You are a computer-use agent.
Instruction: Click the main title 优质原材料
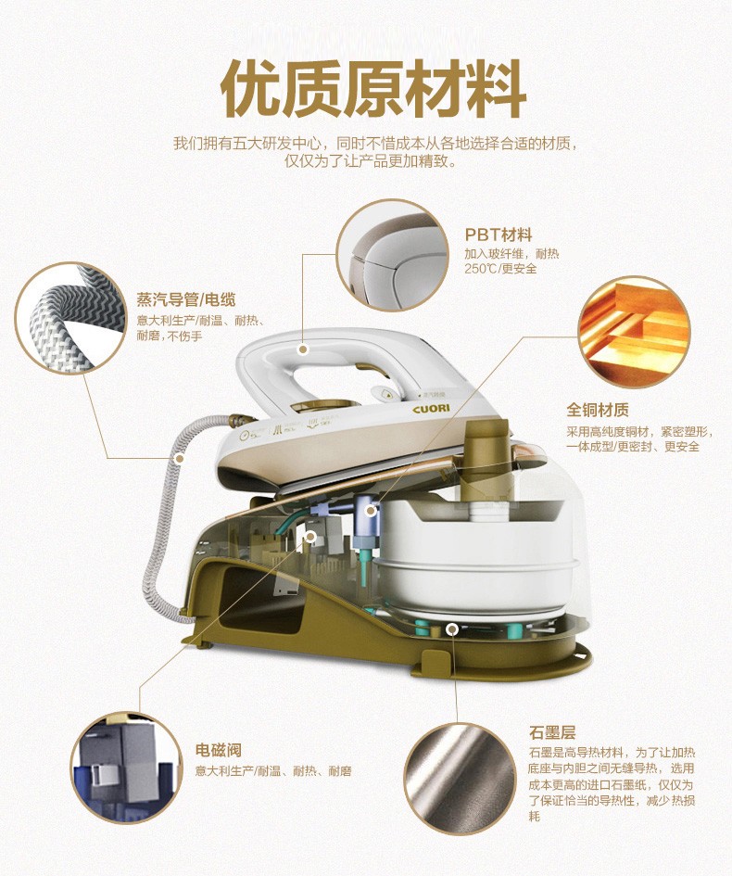click(x=373, y=89)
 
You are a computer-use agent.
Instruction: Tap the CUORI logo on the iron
click(x=431, y=409)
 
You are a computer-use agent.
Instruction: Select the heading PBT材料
click(x=499, y=235)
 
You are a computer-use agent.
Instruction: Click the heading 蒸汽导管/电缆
click(x=186, y=300)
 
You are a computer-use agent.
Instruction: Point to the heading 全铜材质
click(x=598, y=410)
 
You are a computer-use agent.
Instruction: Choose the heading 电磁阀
click(x=219, y=750)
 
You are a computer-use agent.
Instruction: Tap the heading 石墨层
click(x=552, y=732)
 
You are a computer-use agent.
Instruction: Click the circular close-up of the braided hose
click(x=70, y=318)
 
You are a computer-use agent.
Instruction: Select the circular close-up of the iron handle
click(x=392, y=255)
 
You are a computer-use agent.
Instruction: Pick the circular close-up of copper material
click(x=635, y=332)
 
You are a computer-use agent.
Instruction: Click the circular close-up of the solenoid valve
click(x=127, y=767)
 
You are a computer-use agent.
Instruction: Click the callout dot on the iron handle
click(x=303, y=349)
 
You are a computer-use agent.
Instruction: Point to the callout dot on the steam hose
click(x=180, y=459)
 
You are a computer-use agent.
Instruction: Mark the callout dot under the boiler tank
click(x=452, y=629)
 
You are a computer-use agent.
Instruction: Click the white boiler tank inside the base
click(x=474, y=553)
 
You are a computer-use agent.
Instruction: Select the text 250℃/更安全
click(x=500, y=269)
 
